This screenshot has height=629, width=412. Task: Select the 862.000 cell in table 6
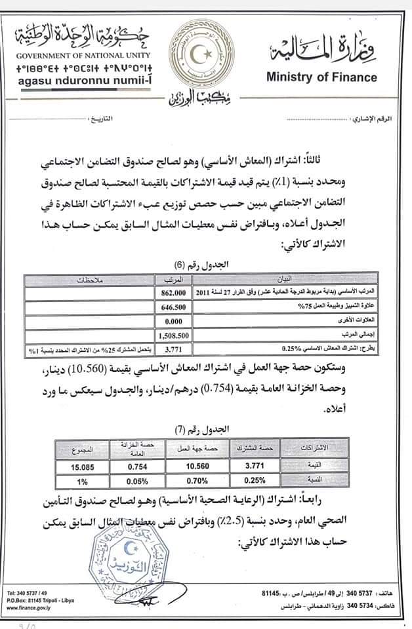173,292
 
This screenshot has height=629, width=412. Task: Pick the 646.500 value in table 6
173,305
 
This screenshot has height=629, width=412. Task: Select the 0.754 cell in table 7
137,468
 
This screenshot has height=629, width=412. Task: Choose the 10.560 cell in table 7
188,468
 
